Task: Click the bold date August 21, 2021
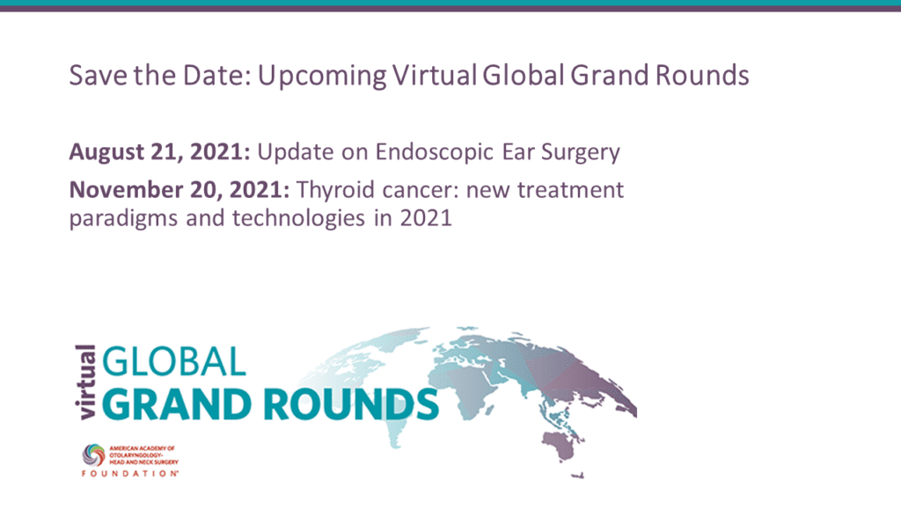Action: pyautogui.click(x=159, y=151)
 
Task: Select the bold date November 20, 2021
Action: pyautogui.click(x=179, y=190)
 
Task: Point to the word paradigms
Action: pyautogui.click(x=123, y=219)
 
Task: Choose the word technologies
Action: pyautogui.click(x=298, y=218)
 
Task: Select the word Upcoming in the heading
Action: pyautogui.click(x=322, y=77)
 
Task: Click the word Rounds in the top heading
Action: pyautogui.click(x=701, y=76)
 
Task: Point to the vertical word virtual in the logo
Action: pyautogui.click(x=85, y=382)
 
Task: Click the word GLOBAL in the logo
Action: pyautogui.click(x=174, y=362)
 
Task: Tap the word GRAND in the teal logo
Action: pyautogui.click(x=176, y=404)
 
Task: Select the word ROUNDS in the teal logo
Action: pyautogui.click(x=351, y=404)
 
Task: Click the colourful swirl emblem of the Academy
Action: pyautogui.click(x=93, y=455)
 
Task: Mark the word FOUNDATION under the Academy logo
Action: pyautogui.click(x=130, y=474)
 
